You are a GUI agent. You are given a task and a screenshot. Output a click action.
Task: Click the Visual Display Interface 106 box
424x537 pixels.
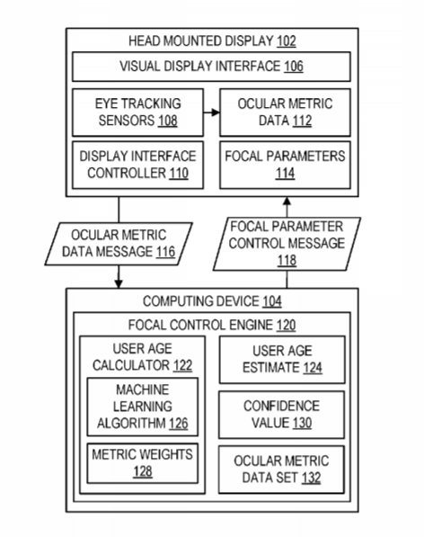tap(211, 67)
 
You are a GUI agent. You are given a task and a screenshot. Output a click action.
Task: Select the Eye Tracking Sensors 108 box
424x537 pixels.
tap(137, 112)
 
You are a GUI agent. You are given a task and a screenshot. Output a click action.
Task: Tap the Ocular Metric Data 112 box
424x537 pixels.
tap(285, 112)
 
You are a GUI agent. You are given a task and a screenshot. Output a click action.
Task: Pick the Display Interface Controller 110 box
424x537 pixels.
tap(137, 165)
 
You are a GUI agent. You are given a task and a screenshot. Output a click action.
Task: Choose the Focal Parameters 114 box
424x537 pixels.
tap(285, 165)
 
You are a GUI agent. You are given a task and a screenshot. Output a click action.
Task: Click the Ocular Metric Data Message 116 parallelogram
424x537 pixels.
tap(119, 244)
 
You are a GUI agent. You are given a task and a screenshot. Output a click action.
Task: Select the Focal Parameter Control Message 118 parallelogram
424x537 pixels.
tap(287, 244)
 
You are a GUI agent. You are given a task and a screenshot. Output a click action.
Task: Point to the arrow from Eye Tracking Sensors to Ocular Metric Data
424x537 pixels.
tap(212, 112)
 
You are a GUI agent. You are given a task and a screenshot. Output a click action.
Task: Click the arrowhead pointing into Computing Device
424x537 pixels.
tap(119, 284)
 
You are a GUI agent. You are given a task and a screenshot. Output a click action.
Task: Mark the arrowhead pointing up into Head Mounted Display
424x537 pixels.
tap(287, 201)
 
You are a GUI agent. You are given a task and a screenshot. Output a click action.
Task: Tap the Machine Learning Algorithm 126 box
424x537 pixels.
tap(143, 407)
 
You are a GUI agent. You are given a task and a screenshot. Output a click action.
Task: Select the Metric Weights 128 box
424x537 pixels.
tap(143, 463)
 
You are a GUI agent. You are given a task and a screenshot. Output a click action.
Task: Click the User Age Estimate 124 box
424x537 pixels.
tap(282, 360)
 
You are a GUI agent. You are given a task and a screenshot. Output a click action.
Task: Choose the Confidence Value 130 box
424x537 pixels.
tap(281, 415)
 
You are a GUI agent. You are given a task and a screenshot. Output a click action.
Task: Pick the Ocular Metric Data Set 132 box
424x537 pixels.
tap(281, 470)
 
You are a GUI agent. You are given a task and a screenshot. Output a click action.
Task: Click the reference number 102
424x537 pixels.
tap(287, 41)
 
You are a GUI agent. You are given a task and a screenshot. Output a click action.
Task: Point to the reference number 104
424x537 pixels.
tap(272, 301)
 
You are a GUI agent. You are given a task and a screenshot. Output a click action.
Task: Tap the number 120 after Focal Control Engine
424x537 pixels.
tap(286, 325)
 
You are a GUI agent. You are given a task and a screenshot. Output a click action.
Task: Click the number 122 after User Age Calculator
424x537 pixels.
tap(182, 365)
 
